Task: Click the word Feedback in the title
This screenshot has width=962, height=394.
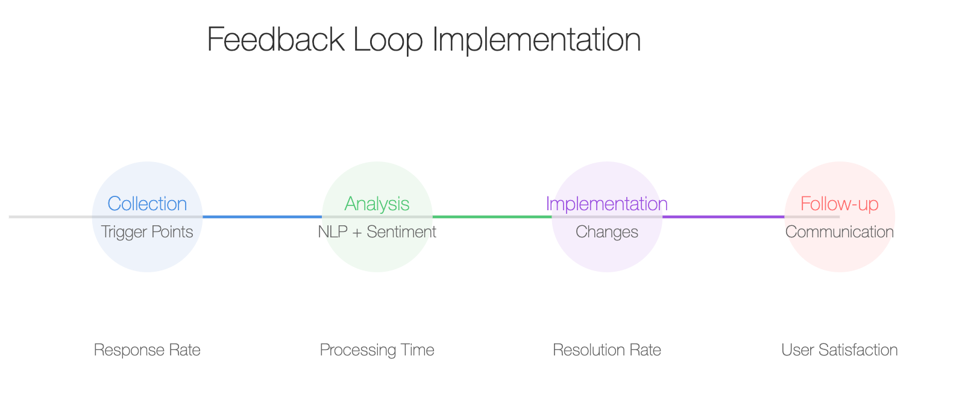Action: click(275, 40)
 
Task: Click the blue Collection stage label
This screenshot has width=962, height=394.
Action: click(147, 204)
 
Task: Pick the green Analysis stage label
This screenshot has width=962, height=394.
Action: click(377, 204)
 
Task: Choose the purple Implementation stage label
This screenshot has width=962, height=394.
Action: click(607, 204)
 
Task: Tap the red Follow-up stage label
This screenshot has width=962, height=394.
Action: click(840, 204)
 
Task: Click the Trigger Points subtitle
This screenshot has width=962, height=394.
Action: click(147, 232)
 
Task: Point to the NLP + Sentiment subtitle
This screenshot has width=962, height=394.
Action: click(377, 232)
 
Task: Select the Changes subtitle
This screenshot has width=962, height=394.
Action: click(607, 233)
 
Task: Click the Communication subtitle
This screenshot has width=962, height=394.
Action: click(840, 232)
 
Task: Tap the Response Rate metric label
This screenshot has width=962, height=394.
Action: click(147, 350)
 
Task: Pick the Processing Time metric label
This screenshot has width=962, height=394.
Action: click(377, 351)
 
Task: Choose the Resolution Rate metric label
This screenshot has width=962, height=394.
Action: click(607, 350)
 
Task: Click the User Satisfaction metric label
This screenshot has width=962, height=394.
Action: click(840, 350)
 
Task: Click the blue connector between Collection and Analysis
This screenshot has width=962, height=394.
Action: click(262, 217)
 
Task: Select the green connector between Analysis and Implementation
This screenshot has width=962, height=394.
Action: click(492, 217)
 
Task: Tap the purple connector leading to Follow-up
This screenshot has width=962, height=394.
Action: click(723, 217)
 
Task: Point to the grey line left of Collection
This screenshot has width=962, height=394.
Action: click(50, 217)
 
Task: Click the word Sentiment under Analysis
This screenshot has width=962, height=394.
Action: click(401, 232)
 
